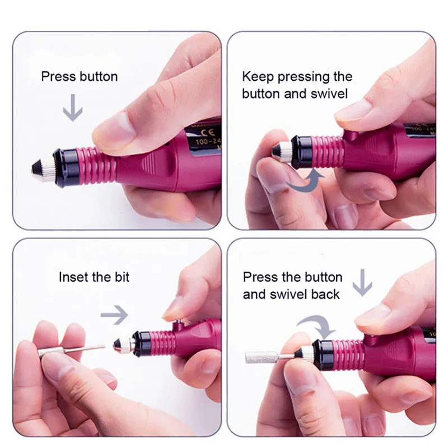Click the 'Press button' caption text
point(80,76)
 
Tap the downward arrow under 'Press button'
point(72,108)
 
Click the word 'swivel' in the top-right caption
point(329,93)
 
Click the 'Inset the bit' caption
point(94,277)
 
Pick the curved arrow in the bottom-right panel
point(314,324)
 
